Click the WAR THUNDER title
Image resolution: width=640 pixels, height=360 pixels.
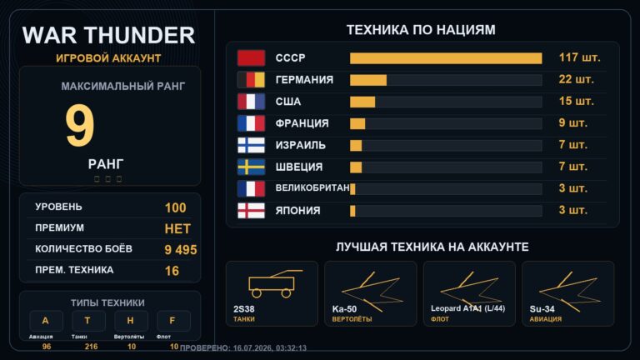point(108,35)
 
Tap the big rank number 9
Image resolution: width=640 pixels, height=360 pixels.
point(80,126)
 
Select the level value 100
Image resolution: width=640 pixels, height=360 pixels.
point(176,207)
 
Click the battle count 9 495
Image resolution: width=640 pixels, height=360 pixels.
point(180,250)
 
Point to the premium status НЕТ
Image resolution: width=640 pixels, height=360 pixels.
point(177,229)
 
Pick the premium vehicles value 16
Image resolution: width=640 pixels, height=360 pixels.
point(172,271)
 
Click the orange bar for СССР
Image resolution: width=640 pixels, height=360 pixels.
point(446,58)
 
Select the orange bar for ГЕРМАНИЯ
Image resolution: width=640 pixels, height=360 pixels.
point(368,80)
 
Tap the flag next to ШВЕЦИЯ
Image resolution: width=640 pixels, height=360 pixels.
point(251,167)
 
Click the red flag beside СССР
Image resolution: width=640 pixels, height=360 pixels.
point(251,58)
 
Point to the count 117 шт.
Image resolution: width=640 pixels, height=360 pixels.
point(580,57)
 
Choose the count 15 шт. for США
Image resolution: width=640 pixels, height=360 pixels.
point(577,101)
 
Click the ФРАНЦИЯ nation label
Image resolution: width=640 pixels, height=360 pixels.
point(302,123)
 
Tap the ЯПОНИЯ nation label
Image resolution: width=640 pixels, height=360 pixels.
point(298,211)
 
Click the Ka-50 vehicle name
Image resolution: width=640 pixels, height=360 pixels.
point(344,309)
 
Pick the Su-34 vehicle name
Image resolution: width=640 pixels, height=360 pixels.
point(542,309)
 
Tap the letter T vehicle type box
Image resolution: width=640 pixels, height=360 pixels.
point(88,321)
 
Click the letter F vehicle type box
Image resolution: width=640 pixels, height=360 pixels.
point(173,321)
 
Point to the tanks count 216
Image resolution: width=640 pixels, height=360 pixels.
point(91,347)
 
